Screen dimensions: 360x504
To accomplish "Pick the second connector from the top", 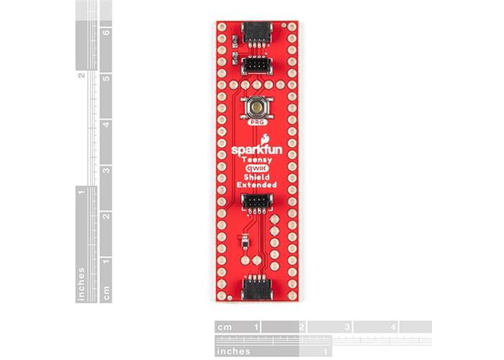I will (x=256, y=67).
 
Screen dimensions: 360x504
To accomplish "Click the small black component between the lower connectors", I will (x=246, y=243).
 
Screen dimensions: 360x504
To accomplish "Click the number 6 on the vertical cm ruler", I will (x=105, y=32).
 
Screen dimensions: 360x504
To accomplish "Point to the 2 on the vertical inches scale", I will (x=82, y=75).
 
